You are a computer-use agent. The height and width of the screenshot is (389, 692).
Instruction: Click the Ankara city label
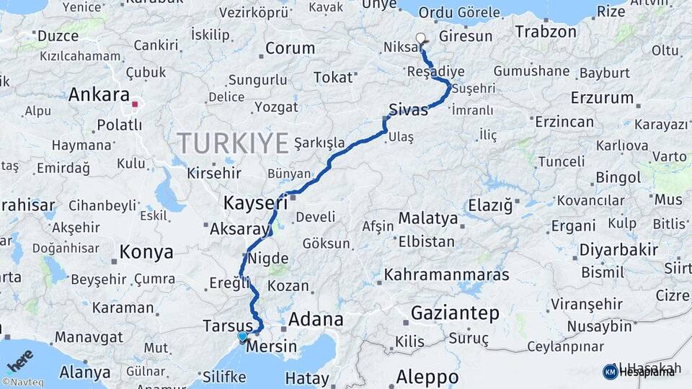point(100,95)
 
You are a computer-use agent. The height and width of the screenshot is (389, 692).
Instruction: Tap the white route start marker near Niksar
point(421,38)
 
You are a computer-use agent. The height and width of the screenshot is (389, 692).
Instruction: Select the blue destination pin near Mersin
point(242,336)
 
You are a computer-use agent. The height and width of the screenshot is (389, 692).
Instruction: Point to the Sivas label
point(408,110)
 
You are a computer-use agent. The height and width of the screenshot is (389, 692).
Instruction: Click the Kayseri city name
point(255,203)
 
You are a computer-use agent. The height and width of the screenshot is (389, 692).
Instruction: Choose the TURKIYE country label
point(233,143)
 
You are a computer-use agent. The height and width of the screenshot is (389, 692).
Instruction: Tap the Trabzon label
point(546,32)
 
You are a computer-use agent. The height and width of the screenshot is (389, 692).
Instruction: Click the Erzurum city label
point(602,97)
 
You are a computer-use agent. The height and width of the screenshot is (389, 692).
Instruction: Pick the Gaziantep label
point(455,313)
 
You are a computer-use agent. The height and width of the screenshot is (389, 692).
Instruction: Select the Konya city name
point(146,252)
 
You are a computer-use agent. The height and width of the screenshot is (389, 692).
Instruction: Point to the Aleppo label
point(427,377)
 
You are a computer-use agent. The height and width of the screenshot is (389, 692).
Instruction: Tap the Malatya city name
point(427,218)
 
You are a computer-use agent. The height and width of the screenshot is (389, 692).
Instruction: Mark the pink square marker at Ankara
point(135,104)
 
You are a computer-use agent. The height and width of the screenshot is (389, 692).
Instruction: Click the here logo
point(21,358)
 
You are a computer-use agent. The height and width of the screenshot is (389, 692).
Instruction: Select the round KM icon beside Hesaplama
point(610,372)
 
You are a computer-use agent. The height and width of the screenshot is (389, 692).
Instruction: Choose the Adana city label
point(316,319)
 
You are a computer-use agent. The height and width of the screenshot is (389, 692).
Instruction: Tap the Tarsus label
point(228,326)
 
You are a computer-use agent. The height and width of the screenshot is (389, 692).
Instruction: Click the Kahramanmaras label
point(446,274)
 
